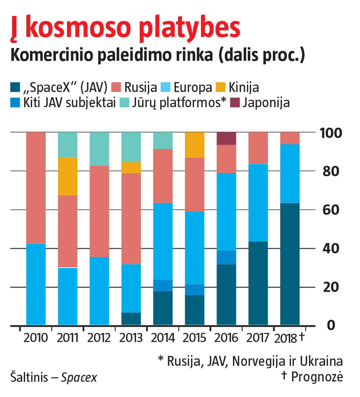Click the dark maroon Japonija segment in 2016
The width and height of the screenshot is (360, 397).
pyautogui.click(x=226, y=138)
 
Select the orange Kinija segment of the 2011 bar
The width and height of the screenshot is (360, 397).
pyautogui.click(x=67, y=176)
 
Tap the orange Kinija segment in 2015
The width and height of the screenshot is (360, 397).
pyautogui.click(x=195, y=145)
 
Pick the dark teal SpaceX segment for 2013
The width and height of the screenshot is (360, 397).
pyautogui.click(x=131, y=319)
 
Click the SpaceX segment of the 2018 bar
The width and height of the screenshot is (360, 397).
pyautogui.click(x=290, y=264)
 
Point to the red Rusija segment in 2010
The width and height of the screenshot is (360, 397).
pyautogui.click(x=36, y=188)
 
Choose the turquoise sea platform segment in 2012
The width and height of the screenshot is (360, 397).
pyautogui.click(x=99, y=149)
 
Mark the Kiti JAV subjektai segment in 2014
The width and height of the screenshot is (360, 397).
pyautogui.click(x=163, y=285)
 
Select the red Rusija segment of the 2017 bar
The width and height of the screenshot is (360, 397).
pyautogui.click(x=258, y=148)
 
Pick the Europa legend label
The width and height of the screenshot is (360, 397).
pyautogui.click(x=193, y=88)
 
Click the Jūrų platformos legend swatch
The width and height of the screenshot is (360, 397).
pyautogui.click(x=125, y=102)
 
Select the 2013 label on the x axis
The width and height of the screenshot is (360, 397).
pyautogui.click(x=131, y=338)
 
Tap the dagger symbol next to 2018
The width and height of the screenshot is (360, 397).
pyautogui.click(x=302, y=337)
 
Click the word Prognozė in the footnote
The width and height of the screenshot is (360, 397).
pyautogui.click(x=317, y=377)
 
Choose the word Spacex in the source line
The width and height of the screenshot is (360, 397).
pyautogui.click(x=79, y=378)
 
